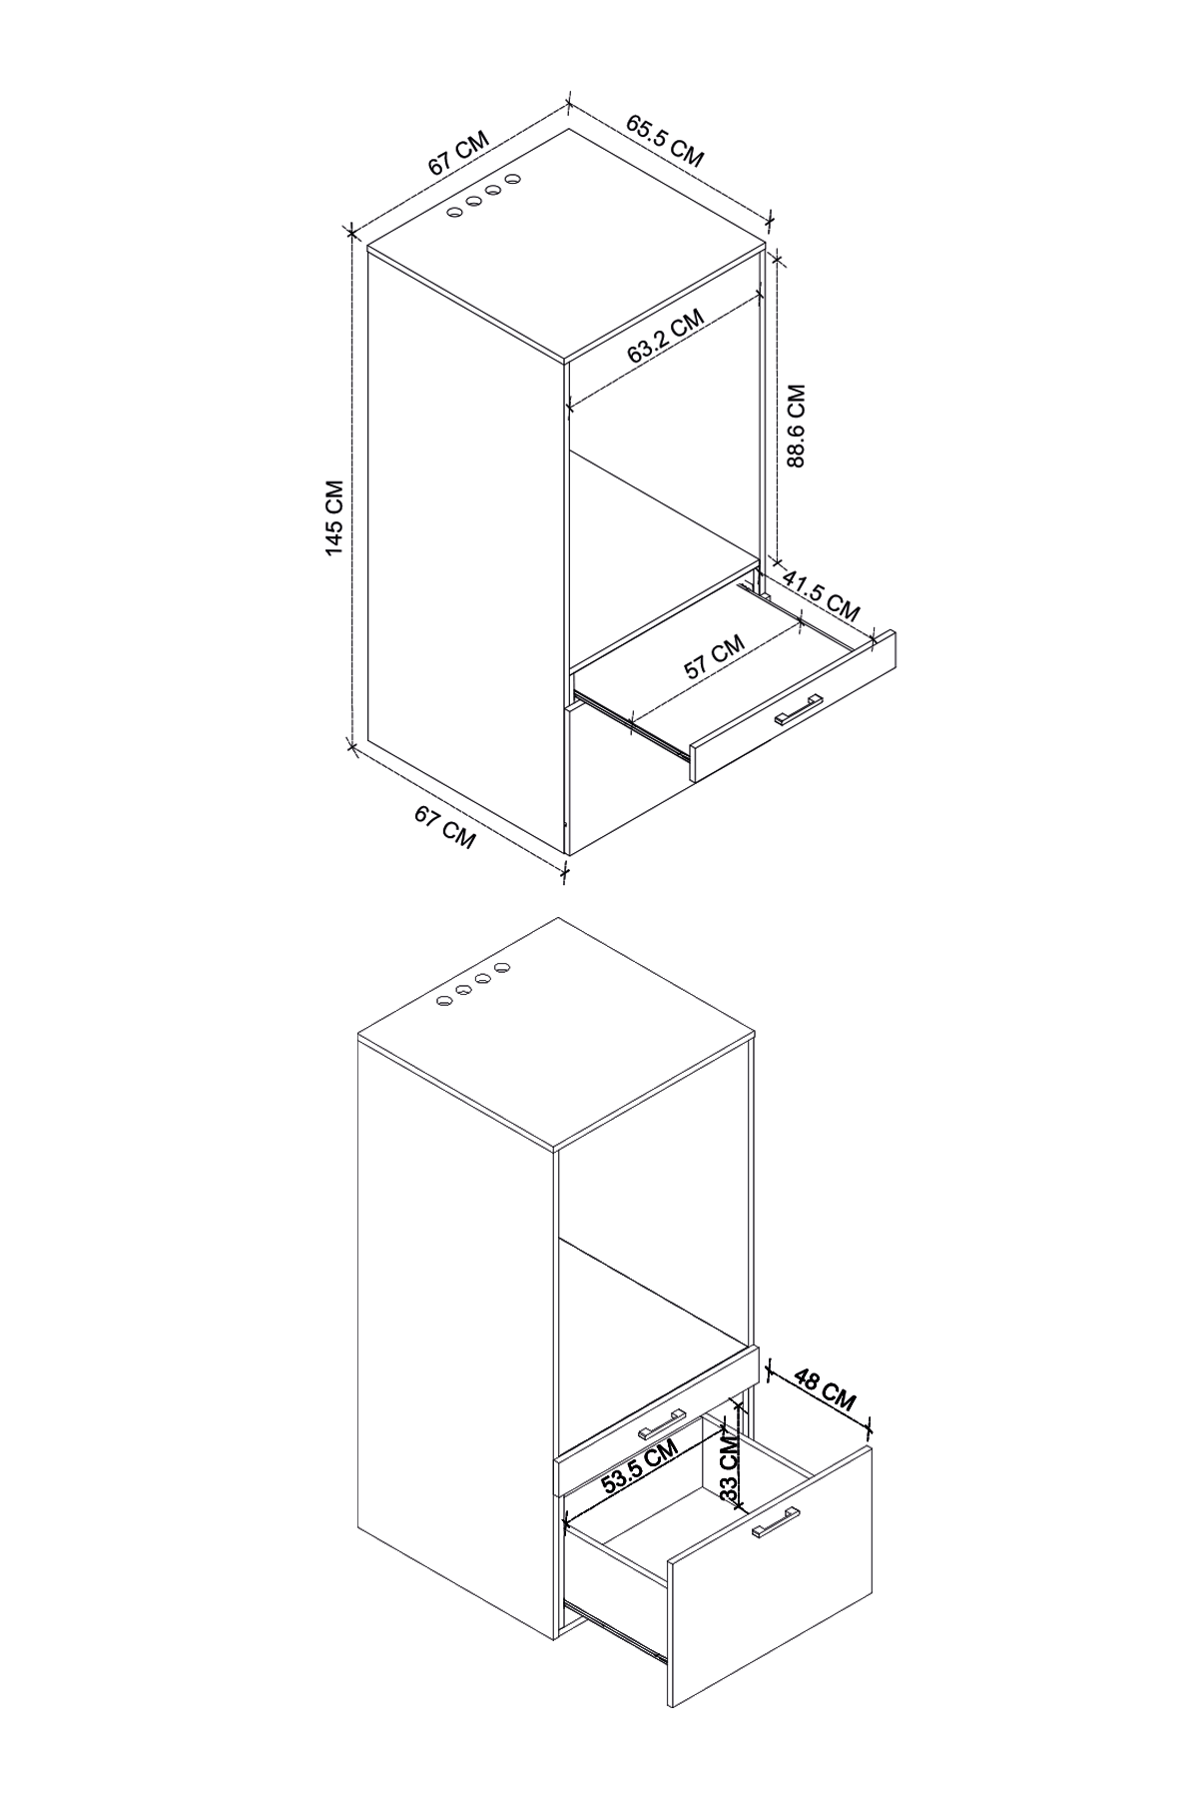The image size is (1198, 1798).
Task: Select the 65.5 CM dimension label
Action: coord(666,140)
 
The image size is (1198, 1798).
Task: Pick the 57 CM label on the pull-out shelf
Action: coord(715,656)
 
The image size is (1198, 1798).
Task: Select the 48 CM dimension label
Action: coord(825,1389)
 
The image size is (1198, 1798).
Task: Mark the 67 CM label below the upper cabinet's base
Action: coord(445,828)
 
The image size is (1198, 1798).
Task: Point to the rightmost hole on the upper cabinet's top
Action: coord(514,179)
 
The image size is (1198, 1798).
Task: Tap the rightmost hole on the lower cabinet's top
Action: coord(502,968)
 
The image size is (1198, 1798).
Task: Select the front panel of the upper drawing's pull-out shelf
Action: coord(794,706)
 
